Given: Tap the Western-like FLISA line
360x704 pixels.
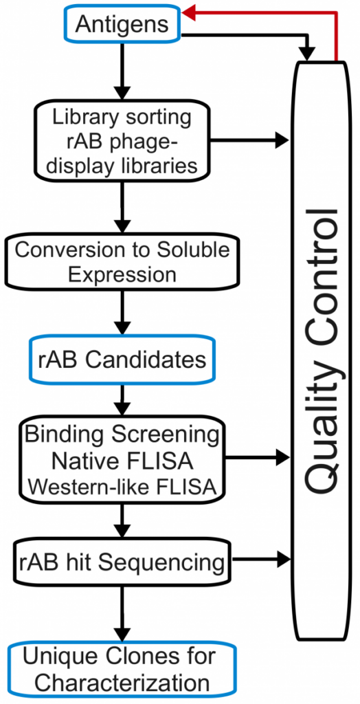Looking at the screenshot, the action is pyautogui.click(x=122, y=486).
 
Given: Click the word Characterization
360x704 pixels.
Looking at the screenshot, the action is pyautogui.click(x=122, y=683).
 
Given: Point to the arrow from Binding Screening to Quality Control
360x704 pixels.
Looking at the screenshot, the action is pyautogui.click(x=258, y=458).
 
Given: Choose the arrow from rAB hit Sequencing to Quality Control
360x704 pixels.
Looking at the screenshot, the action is pyautogui.click(x=260, y=560).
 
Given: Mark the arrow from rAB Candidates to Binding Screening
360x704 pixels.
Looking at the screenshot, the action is pyautogui.click(x=122, y=401).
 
